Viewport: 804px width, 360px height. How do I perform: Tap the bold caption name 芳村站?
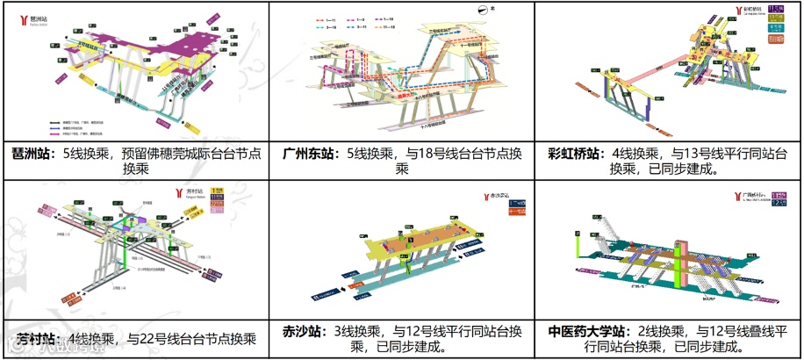pos(32,338)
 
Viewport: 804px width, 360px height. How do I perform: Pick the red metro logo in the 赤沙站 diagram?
pos(485,197)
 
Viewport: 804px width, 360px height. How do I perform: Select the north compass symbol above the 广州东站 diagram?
pos(483,11)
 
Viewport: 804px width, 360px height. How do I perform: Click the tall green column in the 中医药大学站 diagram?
pos(678,260)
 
